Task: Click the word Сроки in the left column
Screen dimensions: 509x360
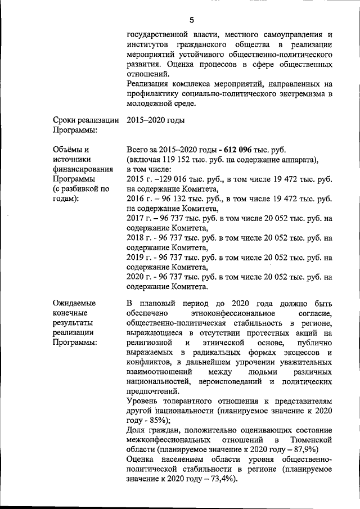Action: (67, 120)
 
